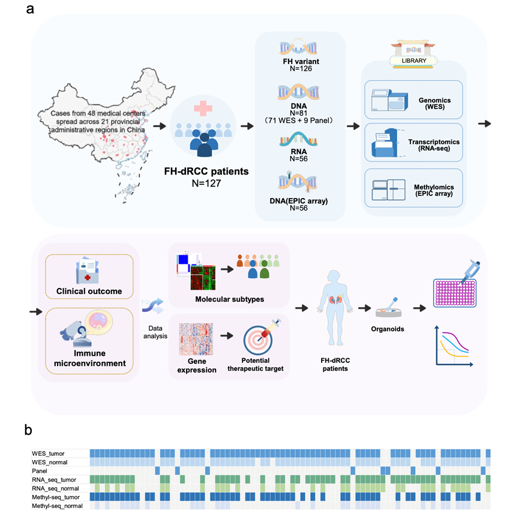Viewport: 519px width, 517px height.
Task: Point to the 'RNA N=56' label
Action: tap(300, 155)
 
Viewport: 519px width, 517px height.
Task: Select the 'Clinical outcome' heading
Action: tap(88, 291)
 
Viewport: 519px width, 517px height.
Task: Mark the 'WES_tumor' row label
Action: tap(49, 453)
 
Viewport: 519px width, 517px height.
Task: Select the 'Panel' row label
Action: tap(41, 471)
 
